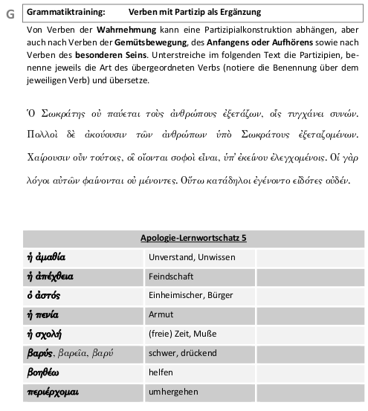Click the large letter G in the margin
coord(10,13)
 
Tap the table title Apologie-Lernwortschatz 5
coord(193,239)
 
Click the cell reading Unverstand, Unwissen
coord(192,257)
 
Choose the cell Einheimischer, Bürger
coord(193,295)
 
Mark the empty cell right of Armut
coord(309,314)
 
